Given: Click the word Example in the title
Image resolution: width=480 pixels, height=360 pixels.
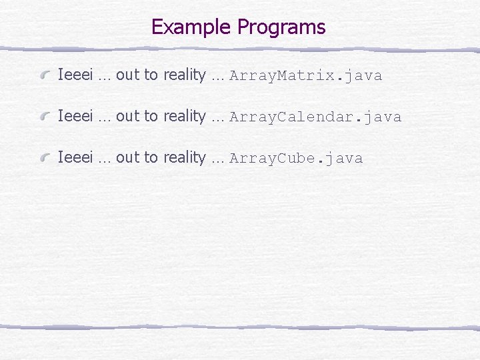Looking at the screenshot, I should (x=192, y=27).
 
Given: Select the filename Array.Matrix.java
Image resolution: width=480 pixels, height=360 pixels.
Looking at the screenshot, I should (x=305, y=76).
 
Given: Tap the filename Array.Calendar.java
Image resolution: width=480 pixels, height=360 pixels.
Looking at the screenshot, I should (x=315, y=117).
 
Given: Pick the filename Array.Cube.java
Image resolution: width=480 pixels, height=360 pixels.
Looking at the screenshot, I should (x=296, y=159).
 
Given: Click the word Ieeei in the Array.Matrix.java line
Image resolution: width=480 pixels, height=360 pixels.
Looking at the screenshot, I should (x=75, y=75).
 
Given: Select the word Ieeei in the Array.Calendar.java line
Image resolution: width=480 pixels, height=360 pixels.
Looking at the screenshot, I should (x=75, y=117).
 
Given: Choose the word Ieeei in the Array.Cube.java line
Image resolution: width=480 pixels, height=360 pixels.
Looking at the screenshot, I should (x=75, y=158).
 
